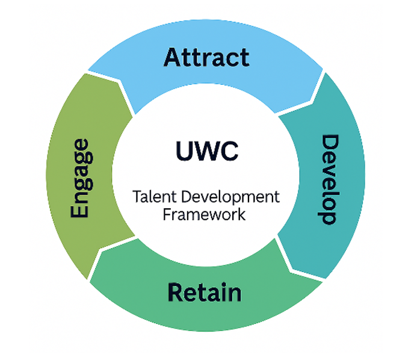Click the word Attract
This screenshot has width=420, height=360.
point(206,58)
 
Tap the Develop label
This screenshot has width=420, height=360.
point(329,179)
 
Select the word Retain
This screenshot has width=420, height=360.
point(205,293)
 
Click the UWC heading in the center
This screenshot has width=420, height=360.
point(206,151)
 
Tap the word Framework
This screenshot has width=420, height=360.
point(204,214)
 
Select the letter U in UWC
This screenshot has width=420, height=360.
point(185,151)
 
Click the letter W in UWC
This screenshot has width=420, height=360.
point(206,151)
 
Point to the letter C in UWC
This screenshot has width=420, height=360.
point(229,151)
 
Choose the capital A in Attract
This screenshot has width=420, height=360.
point(173,58)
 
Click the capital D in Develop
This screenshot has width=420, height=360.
point(329,144)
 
